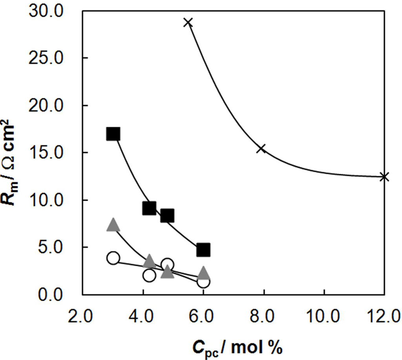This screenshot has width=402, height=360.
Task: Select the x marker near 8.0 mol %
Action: (x=261, y=148)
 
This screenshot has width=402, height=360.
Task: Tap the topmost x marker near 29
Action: (x=188, y=22)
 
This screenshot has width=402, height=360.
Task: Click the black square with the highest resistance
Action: (x=113, y=134)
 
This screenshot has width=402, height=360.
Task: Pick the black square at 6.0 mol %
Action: (x=203, y=249)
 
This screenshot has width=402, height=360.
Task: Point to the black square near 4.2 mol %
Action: (x=149, y=208)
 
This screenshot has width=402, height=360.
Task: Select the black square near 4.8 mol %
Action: (x=167, y=216)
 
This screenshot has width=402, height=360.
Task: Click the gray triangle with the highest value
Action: (x=113, y=225)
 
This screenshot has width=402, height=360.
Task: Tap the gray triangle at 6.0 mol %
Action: (x=203, y=272)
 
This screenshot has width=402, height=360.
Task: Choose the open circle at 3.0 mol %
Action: (x=113, y=258)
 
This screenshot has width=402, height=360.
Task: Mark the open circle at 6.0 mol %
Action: (x=203, y=281)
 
